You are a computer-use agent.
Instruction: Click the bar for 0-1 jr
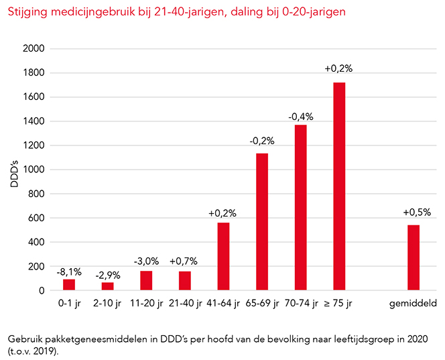click(69, 285)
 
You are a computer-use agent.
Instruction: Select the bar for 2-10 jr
click(108, 286)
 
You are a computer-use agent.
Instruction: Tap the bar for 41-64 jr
click(223, 257)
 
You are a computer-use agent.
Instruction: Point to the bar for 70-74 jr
click(300, 208)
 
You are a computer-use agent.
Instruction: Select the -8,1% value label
click(69, 272)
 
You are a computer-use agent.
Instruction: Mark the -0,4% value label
click(300, 117)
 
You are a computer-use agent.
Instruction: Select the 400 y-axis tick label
click(36, 242)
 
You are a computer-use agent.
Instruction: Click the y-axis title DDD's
click(15, 170)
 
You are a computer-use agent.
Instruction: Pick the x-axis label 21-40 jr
click(185, 304)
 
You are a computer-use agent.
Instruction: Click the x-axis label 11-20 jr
click(146, 304)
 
